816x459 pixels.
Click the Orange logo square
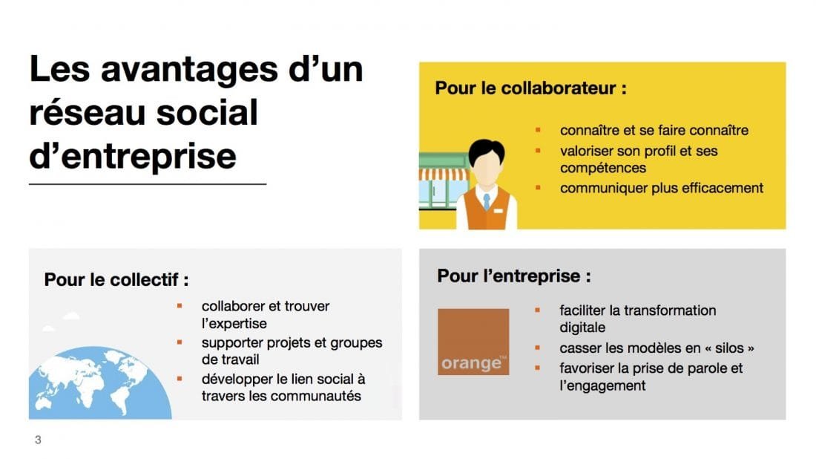473,341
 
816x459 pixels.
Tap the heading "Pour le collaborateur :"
530,88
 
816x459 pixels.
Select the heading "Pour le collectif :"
116,280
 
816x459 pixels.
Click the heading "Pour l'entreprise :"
513,276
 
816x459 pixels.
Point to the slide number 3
38,440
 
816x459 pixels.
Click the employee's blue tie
486,201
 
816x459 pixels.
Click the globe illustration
96,386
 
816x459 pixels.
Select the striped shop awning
444,175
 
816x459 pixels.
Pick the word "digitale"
582,328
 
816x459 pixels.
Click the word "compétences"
602,169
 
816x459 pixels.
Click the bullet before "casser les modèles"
538,347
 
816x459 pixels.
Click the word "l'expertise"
234,324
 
